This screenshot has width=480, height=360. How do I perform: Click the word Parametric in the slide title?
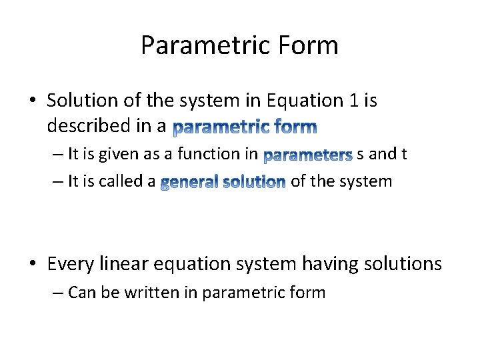(197, 45)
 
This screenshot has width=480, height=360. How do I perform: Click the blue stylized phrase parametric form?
(245, 126)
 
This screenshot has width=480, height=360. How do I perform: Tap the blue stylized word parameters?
(307, 156)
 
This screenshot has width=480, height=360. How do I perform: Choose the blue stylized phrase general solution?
(223, 182)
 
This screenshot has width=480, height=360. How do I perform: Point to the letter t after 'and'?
(403, 155)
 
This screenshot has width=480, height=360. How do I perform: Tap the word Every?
(72, 264)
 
